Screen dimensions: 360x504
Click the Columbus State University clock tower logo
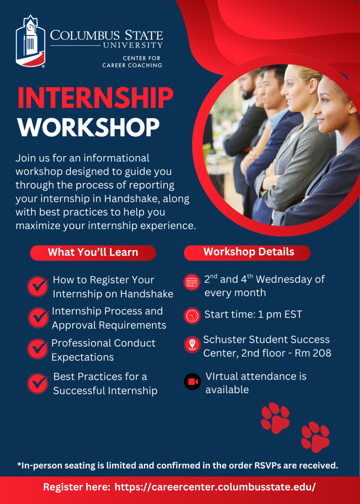coord(30,41)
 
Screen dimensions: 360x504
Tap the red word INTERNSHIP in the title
coord(95,98)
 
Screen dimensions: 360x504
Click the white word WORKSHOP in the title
coord(89,127)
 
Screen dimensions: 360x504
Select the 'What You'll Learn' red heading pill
coord(93,252)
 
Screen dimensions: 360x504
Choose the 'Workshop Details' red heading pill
coord(247,252)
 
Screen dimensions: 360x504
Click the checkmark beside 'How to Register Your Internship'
coord(38,286)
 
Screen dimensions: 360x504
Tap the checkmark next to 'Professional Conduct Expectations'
coord(38,349)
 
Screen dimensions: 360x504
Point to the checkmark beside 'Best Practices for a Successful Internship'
coord(38,383)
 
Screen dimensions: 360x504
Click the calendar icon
coord(192,283)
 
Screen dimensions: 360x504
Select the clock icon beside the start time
coord(192,315)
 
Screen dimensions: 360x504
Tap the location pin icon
coord(192,345)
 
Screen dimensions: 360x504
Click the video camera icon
coord(192,381)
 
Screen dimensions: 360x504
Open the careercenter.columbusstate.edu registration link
coord(215,487)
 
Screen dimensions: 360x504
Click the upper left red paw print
coord(275,418)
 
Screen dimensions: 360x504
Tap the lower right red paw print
coord(315,437)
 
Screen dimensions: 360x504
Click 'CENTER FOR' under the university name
coord(142,58)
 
